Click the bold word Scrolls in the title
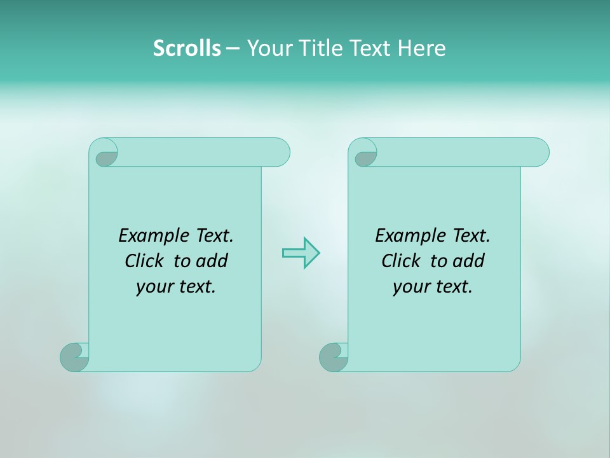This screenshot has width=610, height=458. (x=187, y=48)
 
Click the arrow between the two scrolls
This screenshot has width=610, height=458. (x=301, y=253)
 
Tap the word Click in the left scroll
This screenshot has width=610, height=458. (x=146, y=261)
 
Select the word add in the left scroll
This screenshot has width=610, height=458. (x=212, y=261)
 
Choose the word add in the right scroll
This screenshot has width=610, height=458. (x=469, y=261)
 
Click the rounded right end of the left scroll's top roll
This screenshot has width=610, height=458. (x=280, y=152)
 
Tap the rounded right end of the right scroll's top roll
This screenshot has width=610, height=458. (x=539, y=152)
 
